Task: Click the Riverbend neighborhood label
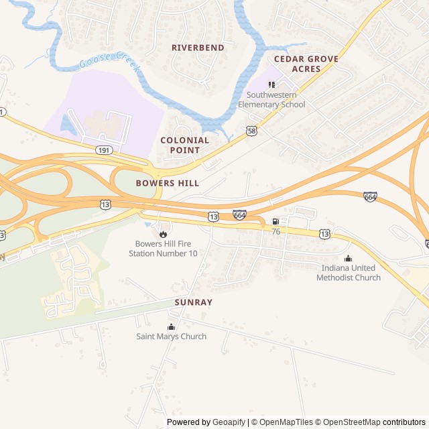click(x=198, y=48)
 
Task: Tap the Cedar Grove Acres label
click(x=306, y=64)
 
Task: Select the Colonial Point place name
click(x=184, y=145)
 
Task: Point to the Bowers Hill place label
click(x=168, y=183)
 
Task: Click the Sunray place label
click(x=193, y=302)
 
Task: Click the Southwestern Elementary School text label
click(x=271, y=100)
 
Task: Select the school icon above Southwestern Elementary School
click(x=271, y=84)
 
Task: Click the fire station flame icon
click(x=163, y=234)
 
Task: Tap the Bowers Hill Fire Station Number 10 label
click(x=163, y=249)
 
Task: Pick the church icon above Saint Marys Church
click(x=171, y=326)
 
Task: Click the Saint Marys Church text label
click(x=171, y=336)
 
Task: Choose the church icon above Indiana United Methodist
click(x=348, y=259)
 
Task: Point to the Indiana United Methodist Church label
click(x=348, y=273)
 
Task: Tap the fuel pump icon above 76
click(x=275, y=221)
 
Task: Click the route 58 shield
click(x=251, y=131)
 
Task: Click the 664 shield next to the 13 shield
click(x=239, y=214)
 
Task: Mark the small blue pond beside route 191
click(x=66, y=123)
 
